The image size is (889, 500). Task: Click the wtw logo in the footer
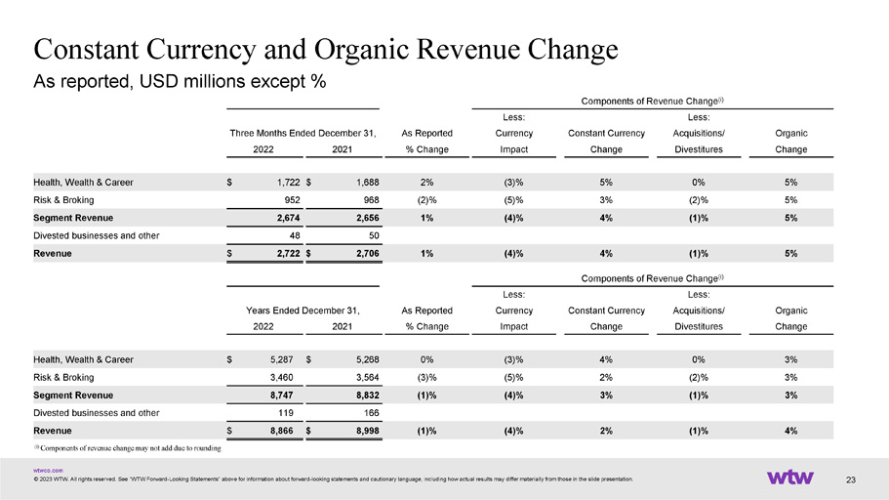click(x=789, y=477)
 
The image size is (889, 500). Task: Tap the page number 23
click(x=850, y=480)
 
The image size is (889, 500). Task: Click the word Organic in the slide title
click(x=362, y=50)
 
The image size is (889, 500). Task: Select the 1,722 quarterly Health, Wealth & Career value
click(x=288, y=183)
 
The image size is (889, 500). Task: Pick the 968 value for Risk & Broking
click(x=371, y=200)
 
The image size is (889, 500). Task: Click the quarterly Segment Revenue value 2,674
click(x=288, y=218)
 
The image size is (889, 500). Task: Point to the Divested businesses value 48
click(x=295, y=235)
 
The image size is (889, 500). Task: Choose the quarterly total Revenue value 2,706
click(x=367, y=254)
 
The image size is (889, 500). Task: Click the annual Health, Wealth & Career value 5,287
click(x=281, y=359)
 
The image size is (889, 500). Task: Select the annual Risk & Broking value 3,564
click(x=367, y=377)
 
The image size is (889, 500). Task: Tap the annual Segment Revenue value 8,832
click(x=367, y=396)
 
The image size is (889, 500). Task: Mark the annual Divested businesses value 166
click(x=371, y=413)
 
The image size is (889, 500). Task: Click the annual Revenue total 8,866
click(x=281, y=431)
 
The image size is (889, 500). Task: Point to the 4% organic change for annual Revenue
click(x=790, y=431)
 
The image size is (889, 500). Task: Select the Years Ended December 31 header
click(x=303, y=311)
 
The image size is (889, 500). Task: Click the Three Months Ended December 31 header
click(x=303, y=134)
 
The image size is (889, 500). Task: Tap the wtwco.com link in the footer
click(x=48, y=471)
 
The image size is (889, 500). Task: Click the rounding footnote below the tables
click(x=128, y=448)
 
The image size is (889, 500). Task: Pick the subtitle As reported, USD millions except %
click(x=180, y=82)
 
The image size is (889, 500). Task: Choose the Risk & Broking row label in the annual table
click(x=63, y=377)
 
